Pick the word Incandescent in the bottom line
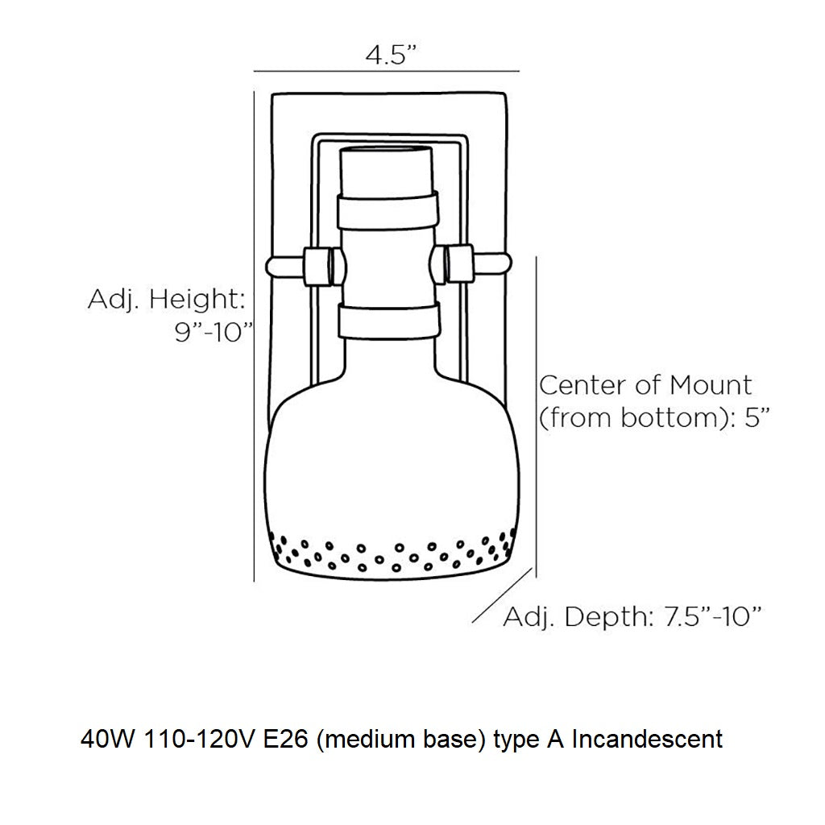click(647, 740)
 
